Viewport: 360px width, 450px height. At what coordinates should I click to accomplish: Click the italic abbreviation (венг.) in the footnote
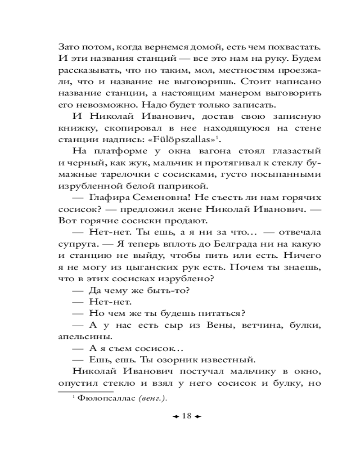click(152, 398)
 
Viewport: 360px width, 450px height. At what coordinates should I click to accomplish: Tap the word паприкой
click(166, 185)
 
